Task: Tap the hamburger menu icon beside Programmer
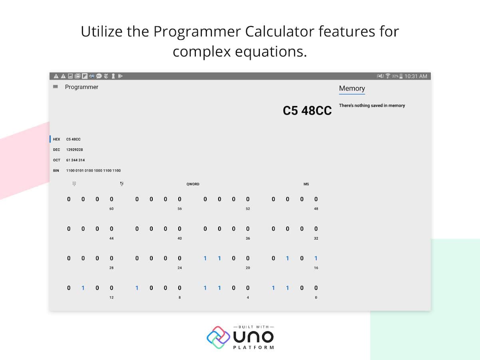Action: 55,87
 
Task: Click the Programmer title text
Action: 82,87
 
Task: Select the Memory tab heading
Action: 352,88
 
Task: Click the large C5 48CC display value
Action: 307,110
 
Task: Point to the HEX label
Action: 56,139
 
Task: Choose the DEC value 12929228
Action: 74,150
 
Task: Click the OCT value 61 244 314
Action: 75,160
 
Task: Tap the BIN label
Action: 56,170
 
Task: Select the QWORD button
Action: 193,184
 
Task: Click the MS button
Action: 306,184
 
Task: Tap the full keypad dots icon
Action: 74,184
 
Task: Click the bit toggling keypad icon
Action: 122,184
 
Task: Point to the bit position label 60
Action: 112,209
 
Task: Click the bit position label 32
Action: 316,238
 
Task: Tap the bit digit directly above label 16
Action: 316,258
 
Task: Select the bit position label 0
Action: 316,298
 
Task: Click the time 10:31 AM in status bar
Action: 416,76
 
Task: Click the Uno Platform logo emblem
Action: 218,337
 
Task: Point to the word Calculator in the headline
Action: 280,31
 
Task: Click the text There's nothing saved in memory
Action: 372,106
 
